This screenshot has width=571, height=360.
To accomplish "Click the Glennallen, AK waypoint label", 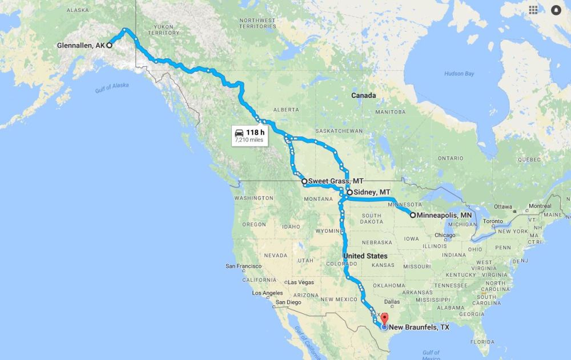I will click(x=81, y=45).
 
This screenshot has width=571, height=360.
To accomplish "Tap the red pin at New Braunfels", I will click(x=384, y=318).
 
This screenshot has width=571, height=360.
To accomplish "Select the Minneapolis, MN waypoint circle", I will click(x=413, y=215).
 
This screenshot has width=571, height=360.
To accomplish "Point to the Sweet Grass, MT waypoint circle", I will click(x=304, y=181).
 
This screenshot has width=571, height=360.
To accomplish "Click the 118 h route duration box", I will click(x=249, y=135).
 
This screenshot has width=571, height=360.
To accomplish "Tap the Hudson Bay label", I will click(x=459, y=74).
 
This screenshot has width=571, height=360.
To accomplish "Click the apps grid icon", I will click(x=533, y=10).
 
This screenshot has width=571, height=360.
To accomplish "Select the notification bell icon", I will click(x=556, y=10).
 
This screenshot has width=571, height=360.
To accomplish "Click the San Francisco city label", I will click(x=244, y=266).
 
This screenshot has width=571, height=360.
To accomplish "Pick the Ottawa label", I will click(x=504, y=206).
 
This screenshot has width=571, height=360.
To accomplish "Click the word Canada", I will click(x=364, y=95).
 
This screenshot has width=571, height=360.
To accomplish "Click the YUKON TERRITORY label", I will click(x=163, y=30).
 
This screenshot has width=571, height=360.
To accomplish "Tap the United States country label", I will click(x=365, y=256).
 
